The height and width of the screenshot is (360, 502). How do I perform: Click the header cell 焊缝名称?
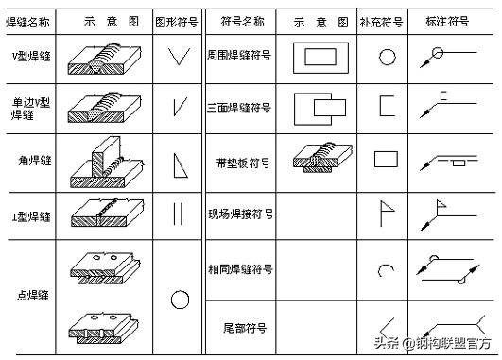pos(29,20)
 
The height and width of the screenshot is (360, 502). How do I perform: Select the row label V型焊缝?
pos(29,57)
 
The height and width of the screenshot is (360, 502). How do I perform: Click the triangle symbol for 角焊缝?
pos(178,164)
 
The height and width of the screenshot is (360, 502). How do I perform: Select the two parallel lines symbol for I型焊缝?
pos(177,214)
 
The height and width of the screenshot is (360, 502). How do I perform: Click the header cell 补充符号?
pos(385,20)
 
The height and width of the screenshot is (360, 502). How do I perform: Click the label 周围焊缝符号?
pos(241,57)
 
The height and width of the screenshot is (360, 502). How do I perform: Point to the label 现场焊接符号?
pos(241,214)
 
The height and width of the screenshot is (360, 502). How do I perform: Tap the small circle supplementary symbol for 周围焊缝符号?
pos(386,57)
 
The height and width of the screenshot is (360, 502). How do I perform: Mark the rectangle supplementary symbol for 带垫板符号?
pos(386,159)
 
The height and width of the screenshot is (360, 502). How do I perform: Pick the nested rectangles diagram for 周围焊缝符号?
pos(320,58)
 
